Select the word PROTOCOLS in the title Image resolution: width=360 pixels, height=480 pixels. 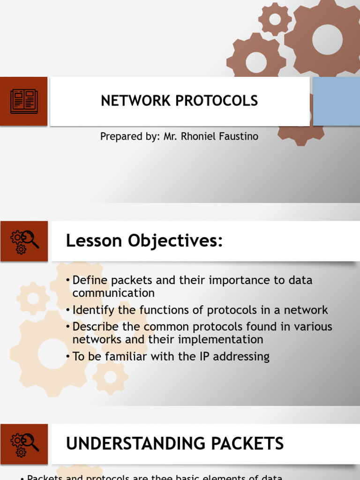tap(214, 101)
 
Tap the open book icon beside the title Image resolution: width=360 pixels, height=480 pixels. tap(23, 101)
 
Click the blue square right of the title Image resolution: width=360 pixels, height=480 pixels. tap(336, 101)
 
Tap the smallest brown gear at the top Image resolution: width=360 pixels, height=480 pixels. tap(275, 19)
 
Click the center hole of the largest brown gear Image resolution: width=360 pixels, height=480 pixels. tap(327, 39)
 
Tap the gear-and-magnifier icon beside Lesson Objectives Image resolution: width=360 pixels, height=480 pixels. tap(24, 241)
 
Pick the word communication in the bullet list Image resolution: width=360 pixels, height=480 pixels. tap(113, 293)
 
